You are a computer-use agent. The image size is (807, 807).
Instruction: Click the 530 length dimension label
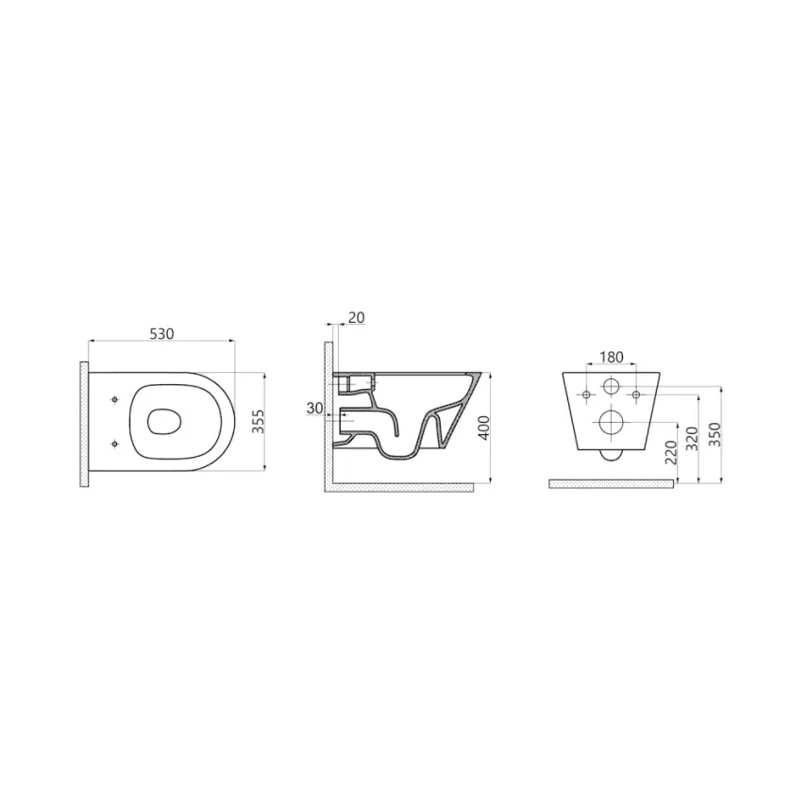click(x=160, y=333)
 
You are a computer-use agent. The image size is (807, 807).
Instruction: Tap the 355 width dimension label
click(x=258, y=418)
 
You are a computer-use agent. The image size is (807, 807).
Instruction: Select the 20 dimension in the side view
click(x=355, y=317)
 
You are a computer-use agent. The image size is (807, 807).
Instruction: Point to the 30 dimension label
click(x=315, y=408)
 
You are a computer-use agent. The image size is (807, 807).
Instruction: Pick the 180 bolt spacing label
click(x=612, y=357)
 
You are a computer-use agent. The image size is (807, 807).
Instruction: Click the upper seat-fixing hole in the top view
click(x=115, y=397)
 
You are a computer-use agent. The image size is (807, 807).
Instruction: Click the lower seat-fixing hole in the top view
click(x=115, y=443)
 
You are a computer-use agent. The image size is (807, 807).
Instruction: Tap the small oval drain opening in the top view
click(x=166, y=420)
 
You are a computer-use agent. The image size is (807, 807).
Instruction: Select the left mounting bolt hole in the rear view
click(x=585, y=393)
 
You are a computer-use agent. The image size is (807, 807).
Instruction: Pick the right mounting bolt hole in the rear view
click(x=636, y=393)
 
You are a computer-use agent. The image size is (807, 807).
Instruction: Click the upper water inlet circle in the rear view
click(x=611, y=386)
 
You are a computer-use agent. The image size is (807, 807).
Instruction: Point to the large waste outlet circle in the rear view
click(x=611, y=423)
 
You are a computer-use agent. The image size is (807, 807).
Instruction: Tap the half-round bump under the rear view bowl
click(x=611, y=455)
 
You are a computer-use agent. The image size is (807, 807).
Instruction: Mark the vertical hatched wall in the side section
click(x=329, y=415)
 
